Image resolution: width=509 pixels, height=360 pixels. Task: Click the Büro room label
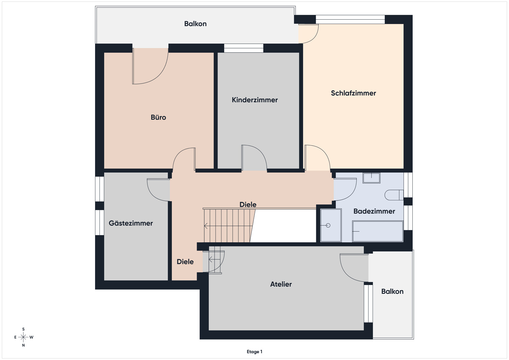coord(158,117)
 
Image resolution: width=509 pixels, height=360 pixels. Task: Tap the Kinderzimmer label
coord(255,100)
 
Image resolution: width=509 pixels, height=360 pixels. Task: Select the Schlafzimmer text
coord(353,93)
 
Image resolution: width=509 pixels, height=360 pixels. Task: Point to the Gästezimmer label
coord(131,223)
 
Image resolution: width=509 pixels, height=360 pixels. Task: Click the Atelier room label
coord(281,284)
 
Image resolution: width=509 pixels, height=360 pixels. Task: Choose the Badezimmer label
coord(374,211)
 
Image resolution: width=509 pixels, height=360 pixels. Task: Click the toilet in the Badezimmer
coord(394,195)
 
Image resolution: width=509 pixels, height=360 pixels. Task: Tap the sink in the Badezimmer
coord(371,178)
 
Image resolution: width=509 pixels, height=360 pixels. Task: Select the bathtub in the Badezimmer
coord(378,231)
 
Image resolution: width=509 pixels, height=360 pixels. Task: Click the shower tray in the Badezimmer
coord(331,225)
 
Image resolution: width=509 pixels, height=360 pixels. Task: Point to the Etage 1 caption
coord(254,352)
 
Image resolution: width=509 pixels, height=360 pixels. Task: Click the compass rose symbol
coord(23,337)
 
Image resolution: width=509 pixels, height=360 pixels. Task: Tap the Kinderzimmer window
coord(244,48)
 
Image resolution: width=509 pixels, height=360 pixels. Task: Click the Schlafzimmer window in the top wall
coord(350,19)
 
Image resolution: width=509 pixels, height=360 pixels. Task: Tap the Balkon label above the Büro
coord(195,24)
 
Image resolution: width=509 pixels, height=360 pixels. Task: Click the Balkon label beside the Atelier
coord(392,291)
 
